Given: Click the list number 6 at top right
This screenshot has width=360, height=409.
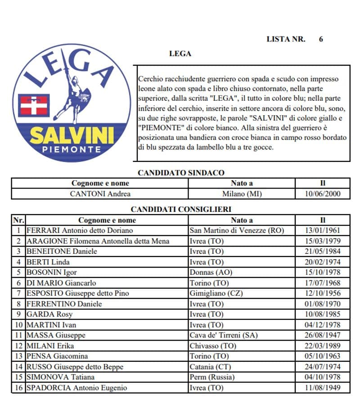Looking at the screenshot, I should click(x=321, y=39).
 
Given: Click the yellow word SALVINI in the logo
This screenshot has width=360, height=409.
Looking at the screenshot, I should click(x=72, y=135).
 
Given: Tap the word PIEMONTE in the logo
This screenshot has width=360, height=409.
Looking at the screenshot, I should click(x=72, y=149).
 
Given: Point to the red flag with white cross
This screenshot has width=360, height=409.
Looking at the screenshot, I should click(x=34, y=106).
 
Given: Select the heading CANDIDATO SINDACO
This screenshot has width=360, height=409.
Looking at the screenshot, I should click(x=181, y=173).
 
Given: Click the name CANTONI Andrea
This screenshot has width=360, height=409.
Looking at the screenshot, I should click(x=100, y=194).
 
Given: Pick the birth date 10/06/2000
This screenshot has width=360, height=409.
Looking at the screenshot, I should click(x=323, y=194).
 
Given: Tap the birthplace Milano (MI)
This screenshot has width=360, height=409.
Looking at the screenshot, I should click(x=242, y=194).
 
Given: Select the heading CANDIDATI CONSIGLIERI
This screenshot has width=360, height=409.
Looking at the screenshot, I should click(x=181, y=209).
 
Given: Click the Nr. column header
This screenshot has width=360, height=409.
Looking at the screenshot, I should click(x=18, y=220).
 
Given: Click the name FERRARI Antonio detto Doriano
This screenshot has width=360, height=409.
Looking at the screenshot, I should click(x=79, y=230).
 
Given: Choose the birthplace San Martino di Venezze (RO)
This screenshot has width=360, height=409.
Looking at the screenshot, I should click(x=237, y=230).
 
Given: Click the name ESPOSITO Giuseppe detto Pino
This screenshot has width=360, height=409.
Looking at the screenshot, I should click(x=78, y=293).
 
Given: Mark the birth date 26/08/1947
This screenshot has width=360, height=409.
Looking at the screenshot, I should click(x=323, y=335).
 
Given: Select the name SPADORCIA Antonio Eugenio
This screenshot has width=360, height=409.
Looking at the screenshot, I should click(x=77, y=387).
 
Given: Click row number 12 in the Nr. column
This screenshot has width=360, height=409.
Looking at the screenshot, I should click(x=18, y=346).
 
